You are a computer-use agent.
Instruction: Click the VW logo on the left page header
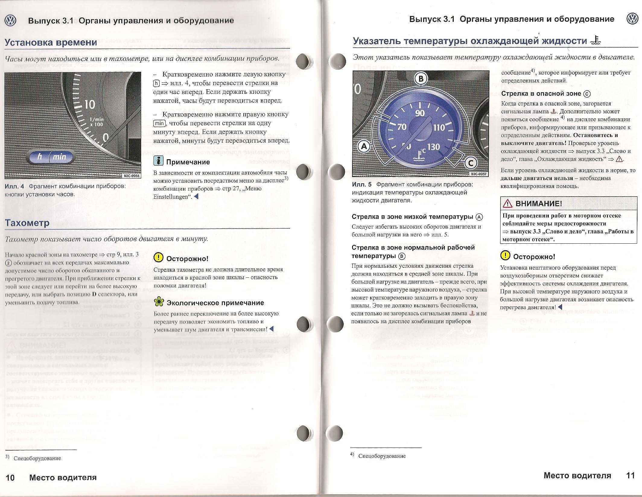tap(11, 21)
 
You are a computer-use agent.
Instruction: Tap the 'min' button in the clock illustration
tap(59, 157)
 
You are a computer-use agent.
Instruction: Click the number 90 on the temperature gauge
tap(420, 113)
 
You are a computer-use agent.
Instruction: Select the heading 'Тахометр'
tap(27, 223)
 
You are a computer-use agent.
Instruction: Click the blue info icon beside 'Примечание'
tap(158, 161)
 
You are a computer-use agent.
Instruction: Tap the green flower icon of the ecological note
tap(158, 302)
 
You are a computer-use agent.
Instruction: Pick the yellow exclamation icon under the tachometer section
tap(158, 258)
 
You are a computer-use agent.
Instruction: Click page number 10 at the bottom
tap(10, 478)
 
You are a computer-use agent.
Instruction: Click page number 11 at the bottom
tap(630, 476)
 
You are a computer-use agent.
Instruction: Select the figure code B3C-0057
tap(478, 174)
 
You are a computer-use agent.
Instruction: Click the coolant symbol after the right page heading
tap(596, 41)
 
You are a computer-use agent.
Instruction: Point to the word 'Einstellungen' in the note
tap(170, 197)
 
